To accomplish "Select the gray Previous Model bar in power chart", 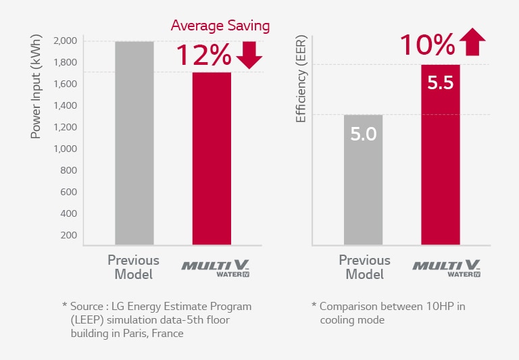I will point(134,143).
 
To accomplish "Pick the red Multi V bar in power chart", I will point(212,158).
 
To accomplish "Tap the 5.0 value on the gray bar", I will point(363,134).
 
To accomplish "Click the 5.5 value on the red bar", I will point(440,83).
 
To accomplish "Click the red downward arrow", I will point(249,55).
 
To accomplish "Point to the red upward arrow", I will point(472,43).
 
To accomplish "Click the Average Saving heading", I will point(220,26).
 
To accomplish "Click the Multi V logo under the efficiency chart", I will point(447,267).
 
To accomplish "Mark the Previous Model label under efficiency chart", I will point(364,267).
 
